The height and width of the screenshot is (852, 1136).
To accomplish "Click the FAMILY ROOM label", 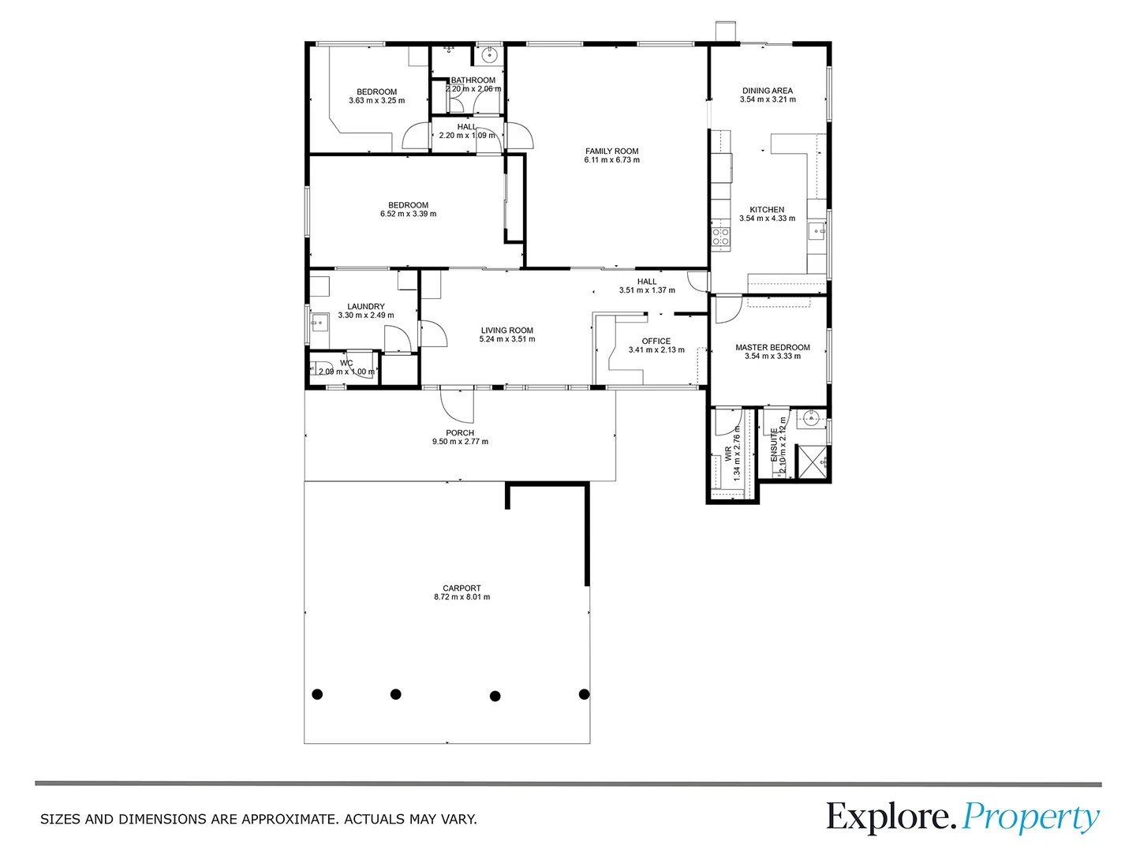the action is (611, 151).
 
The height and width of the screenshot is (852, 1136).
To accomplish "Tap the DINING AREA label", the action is (768, 91).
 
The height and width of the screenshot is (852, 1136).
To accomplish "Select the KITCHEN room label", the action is (767, 210).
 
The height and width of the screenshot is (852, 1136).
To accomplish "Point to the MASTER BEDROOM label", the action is (772, 347).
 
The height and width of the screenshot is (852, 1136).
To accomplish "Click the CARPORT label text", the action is (461, 588).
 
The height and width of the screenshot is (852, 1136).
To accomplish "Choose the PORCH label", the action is (460, 432).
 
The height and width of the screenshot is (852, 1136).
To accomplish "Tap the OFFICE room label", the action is (656, 341).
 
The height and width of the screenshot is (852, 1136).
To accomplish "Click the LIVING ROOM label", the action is (507, 330).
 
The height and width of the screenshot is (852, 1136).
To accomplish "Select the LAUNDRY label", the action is (366, 306).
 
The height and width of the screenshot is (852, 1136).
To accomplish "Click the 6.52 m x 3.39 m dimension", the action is (409, 214).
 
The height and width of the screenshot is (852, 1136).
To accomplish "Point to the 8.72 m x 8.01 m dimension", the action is (462, 596).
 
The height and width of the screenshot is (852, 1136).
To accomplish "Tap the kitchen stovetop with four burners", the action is (721, 237).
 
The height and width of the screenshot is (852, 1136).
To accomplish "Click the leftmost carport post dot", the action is (317, 694).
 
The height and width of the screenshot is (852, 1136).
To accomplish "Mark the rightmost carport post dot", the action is (584, 694).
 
